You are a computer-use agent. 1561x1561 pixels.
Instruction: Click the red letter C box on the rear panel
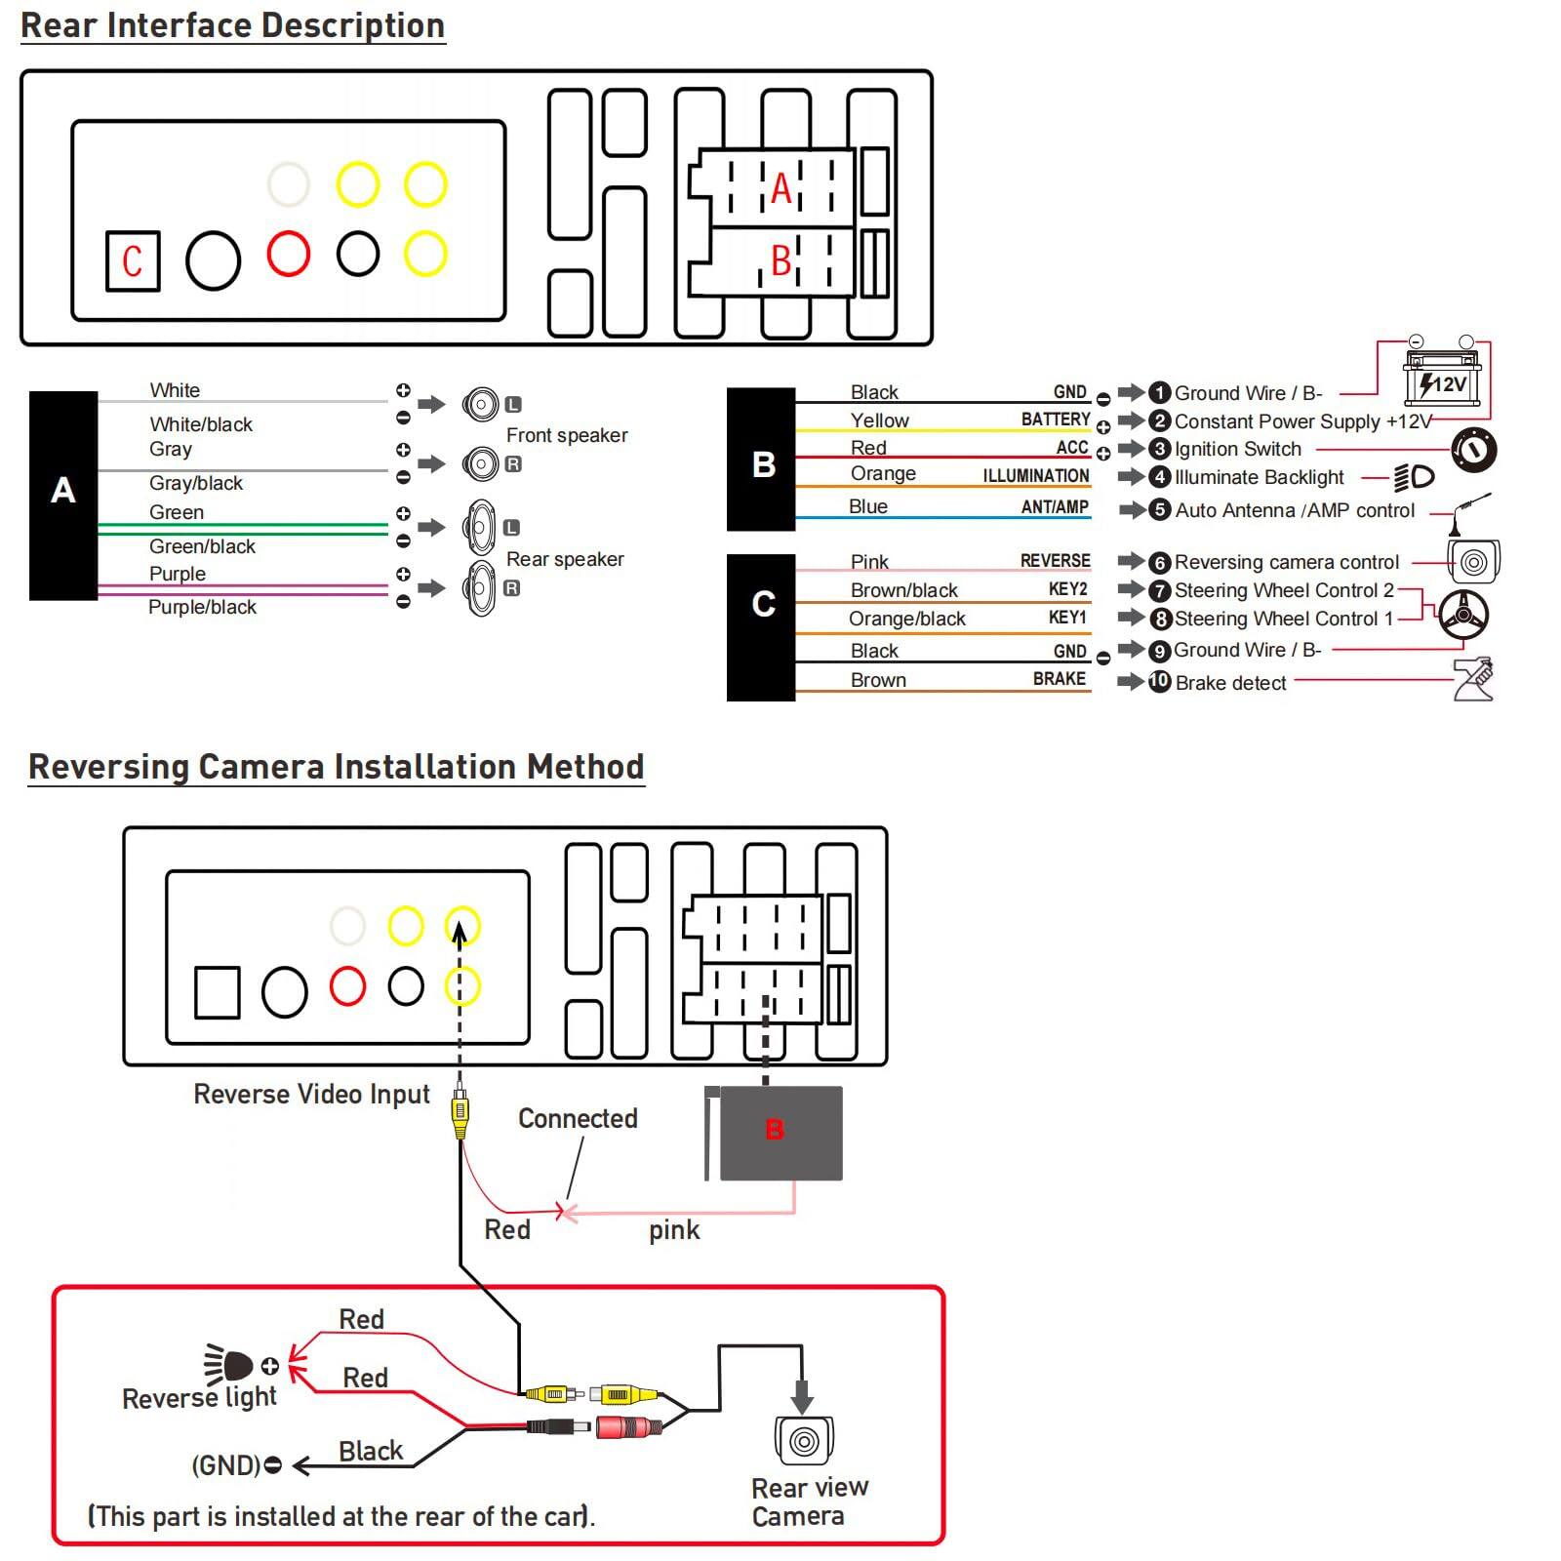[x=133, y=260]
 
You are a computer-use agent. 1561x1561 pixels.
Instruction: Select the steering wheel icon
[x=1463, y=615]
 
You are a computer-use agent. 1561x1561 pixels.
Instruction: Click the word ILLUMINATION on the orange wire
[x=1035, y=476]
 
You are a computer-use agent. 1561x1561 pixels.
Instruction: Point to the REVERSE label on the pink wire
[x=1055, y=561]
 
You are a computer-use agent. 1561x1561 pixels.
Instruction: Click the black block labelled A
[x=63, y=495]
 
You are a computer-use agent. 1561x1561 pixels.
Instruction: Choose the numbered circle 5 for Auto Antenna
[x=1159, y=509]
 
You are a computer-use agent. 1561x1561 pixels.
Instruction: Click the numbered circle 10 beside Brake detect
[x=1159, y=681]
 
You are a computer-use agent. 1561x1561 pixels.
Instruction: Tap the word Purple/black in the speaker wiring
[x=202, y=607]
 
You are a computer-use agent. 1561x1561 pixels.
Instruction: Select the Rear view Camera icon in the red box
[x=804, y=1439]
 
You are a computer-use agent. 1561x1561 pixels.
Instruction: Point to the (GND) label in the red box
[x=226, y=1465]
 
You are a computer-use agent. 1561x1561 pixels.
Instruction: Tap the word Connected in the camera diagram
[x=578, y=1118]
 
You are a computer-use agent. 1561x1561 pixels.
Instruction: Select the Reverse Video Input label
[x=311, y=1094]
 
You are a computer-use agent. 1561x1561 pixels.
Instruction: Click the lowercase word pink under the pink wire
[x=674, y=1229]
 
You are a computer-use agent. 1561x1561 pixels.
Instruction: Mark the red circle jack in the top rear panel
[x=289, y=254]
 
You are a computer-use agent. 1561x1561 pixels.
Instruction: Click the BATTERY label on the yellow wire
[x=1056, y=420]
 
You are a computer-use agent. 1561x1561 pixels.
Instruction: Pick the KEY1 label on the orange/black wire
[x=1067, y=618]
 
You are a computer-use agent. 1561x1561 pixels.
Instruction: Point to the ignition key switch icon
[x=1473, y=450]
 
